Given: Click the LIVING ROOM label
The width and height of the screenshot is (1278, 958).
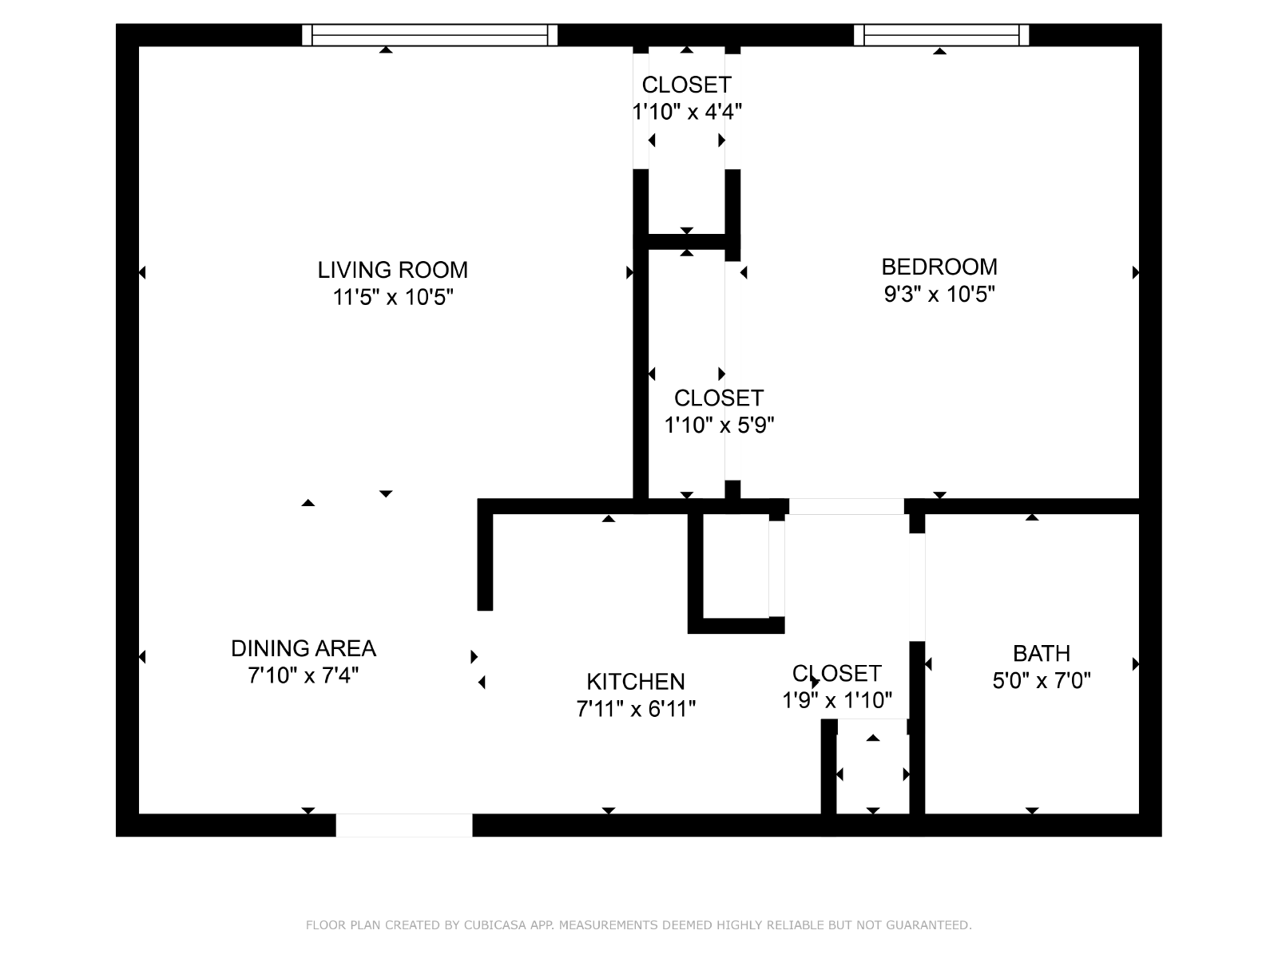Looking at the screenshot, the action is coord(392,270).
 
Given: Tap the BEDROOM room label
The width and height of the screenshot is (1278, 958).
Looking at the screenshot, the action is coord(939,267).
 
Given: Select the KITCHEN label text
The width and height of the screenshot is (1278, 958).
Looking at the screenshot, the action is coord(635,681).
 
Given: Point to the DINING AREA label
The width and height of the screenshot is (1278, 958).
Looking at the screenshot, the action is coord(304,648).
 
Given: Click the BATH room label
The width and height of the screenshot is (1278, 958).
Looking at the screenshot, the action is coord(1041,653).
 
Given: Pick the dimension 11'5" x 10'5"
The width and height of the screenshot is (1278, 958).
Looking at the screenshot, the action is coord(392,297).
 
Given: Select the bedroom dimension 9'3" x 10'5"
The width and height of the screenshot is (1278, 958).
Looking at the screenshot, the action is coord(939,295).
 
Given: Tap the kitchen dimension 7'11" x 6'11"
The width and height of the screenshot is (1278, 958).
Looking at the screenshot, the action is coord(636,709).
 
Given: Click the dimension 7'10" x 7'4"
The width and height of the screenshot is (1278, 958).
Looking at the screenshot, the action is coord(304,675).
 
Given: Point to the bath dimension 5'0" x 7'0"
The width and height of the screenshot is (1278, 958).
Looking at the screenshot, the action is coord(1041,680).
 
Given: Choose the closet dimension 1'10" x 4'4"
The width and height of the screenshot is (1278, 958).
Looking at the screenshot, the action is coord(687,111).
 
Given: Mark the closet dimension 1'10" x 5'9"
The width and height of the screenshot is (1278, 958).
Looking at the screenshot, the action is coord(719,426).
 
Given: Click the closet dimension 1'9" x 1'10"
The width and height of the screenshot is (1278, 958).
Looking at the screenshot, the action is coord(836,700).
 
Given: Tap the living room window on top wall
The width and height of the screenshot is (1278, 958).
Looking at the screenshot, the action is coord(430,35).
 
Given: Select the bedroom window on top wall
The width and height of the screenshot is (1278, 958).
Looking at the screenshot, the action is coord(941,35).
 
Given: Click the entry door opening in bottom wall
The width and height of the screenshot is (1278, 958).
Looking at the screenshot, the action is coord(404,825).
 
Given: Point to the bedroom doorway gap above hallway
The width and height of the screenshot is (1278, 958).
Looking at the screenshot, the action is coord(846,506).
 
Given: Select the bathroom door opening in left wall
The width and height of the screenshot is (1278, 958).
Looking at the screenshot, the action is coord(917,587).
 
